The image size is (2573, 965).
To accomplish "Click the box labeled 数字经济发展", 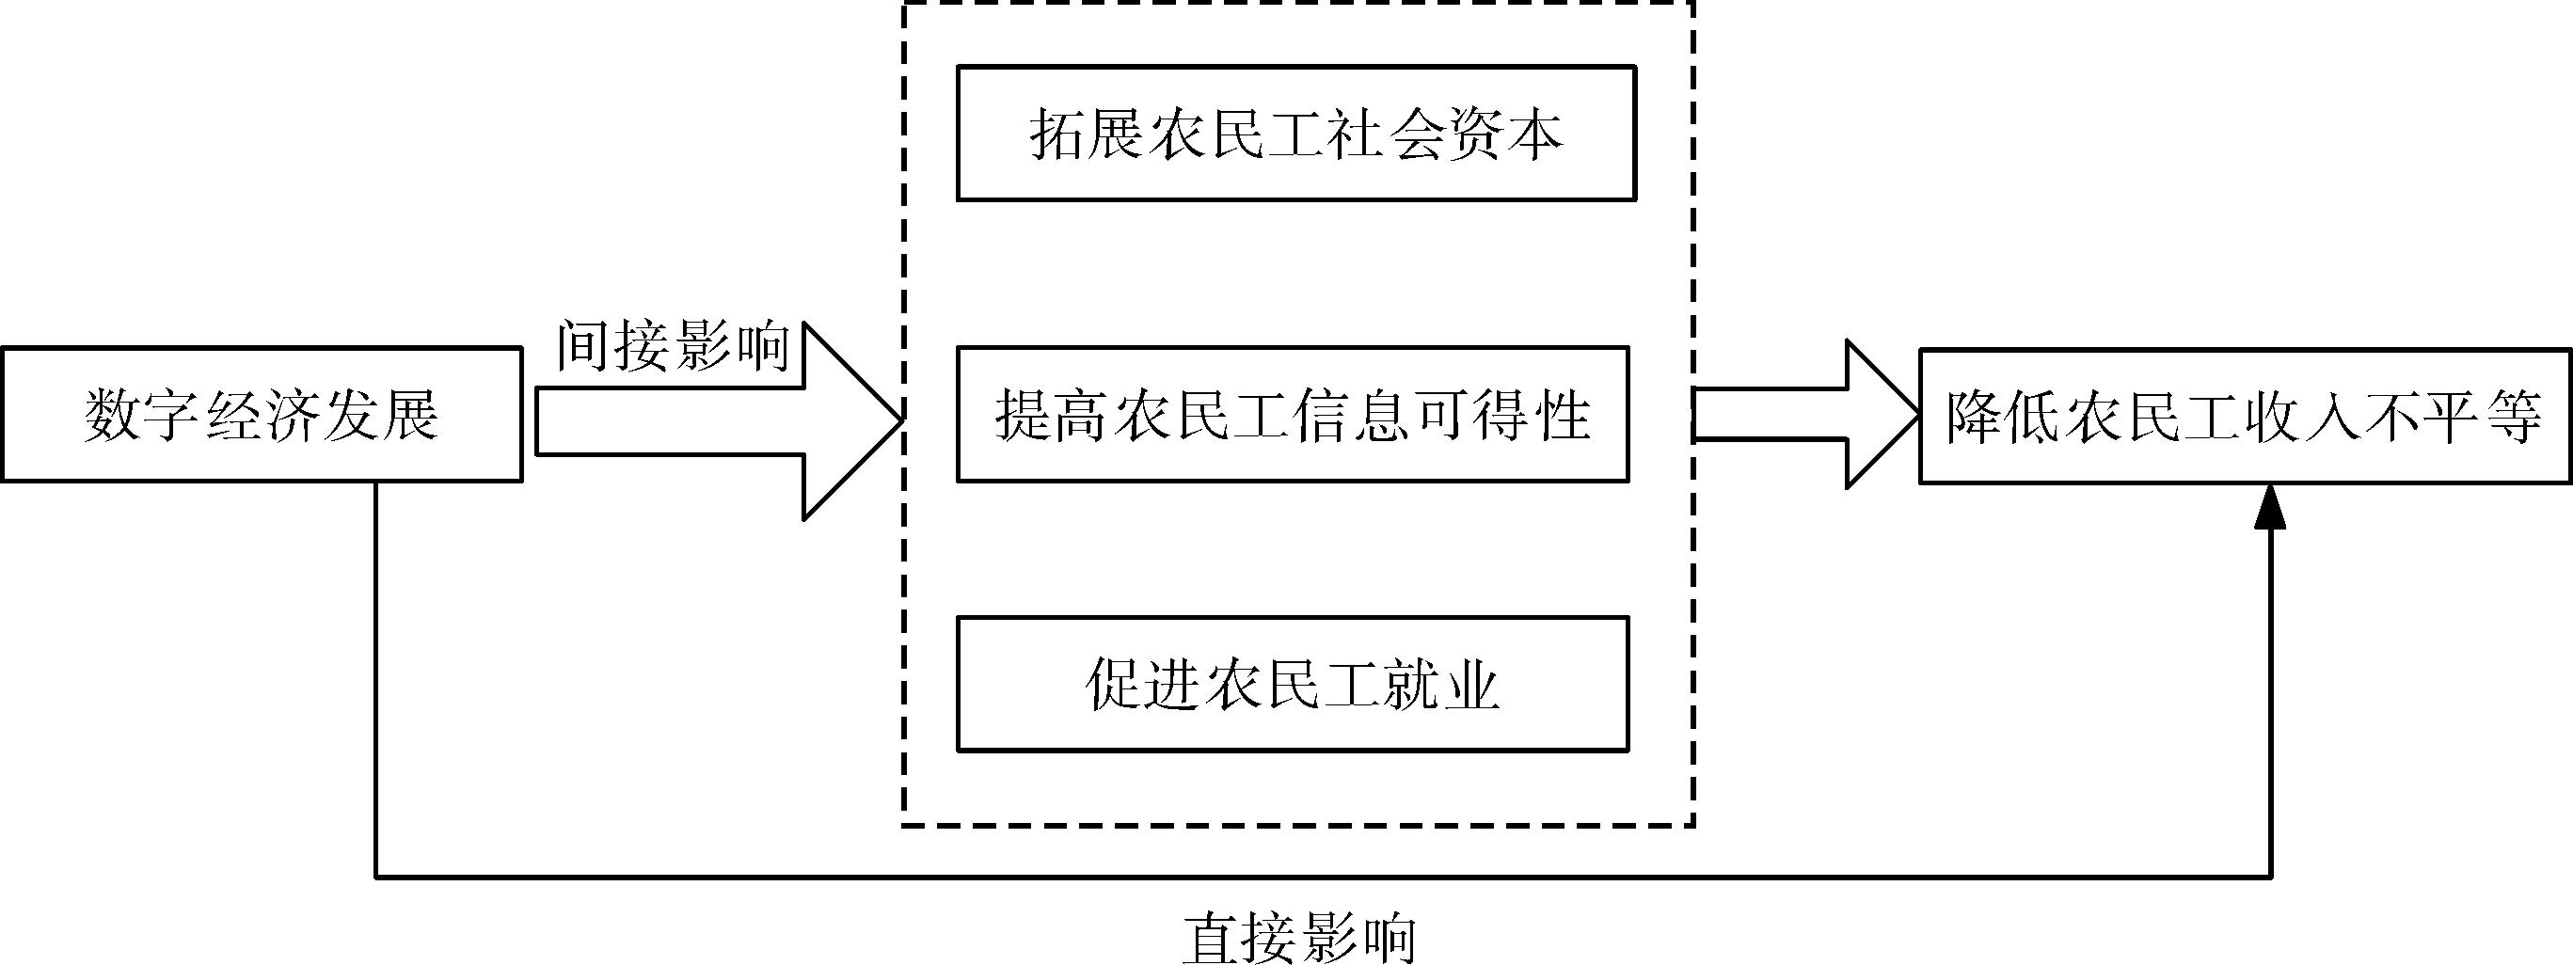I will (262, 415).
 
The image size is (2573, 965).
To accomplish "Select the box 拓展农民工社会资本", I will (1295, 134).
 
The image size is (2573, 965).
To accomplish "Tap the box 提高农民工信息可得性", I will (1293, 415).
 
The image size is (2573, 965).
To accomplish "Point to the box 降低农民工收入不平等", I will (2245, 417).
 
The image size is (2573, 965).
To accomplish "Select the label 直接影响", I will (1298, 937).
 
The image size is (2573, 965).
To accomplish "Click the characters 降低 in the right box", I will (2004, 417).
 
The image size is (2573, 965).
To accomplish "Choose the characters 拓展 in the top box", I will (1087, 134).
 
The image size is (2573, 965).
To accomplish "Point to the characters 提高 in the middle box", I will (1053, 415).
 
